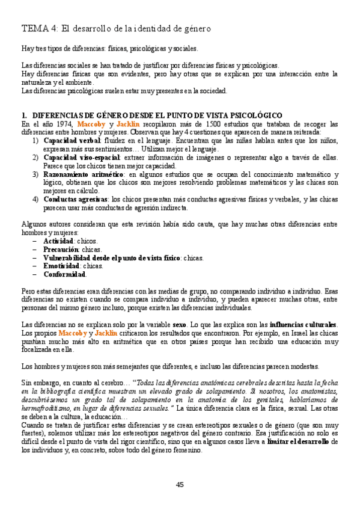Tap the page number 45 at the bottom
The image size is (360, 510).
[x=180, y=485]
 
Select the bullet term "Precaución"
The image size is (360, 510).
[x=61, y=249]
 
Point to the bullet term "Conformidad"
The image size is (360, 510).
[x=64, y=274]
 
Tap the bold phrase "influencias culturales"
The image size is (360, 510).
[x=304, y=324]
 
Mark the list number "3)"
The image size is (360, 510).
[x=36, y=174]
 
